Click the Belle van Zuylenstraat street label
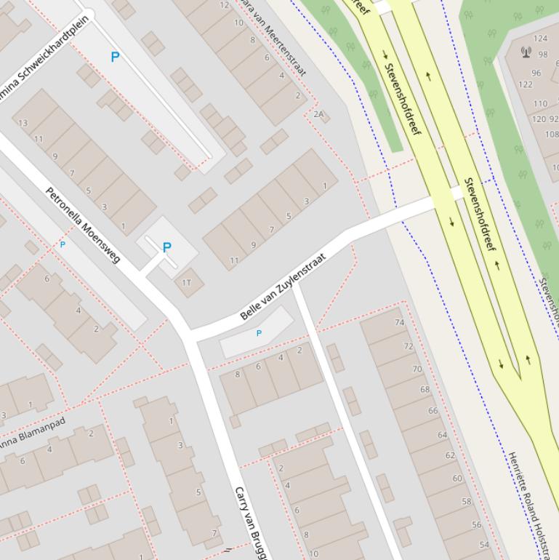click(283, 287)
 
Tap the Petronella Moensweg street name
click(82, 225)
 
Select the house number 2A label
click(318, 114)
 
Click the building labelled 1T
click(187, 282)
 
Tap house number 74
click(399, 322)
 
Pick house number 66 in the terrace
click(433, 411)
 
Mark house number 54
click(484, 545)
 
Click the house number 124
click(541, 39)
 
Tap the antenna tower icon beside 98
click(526, 52)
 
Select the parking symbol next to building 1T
click(166, 247)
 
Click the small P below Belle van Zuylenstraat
click(259, 333)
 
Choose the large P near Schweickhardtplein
click(115, 57)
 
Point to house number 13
click(23, 123)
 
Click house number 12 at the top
click(225, 5)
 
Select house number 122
click(525, 84)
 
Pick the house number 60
click(457, 479)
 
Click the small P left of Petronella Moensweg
click(62, 245)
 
